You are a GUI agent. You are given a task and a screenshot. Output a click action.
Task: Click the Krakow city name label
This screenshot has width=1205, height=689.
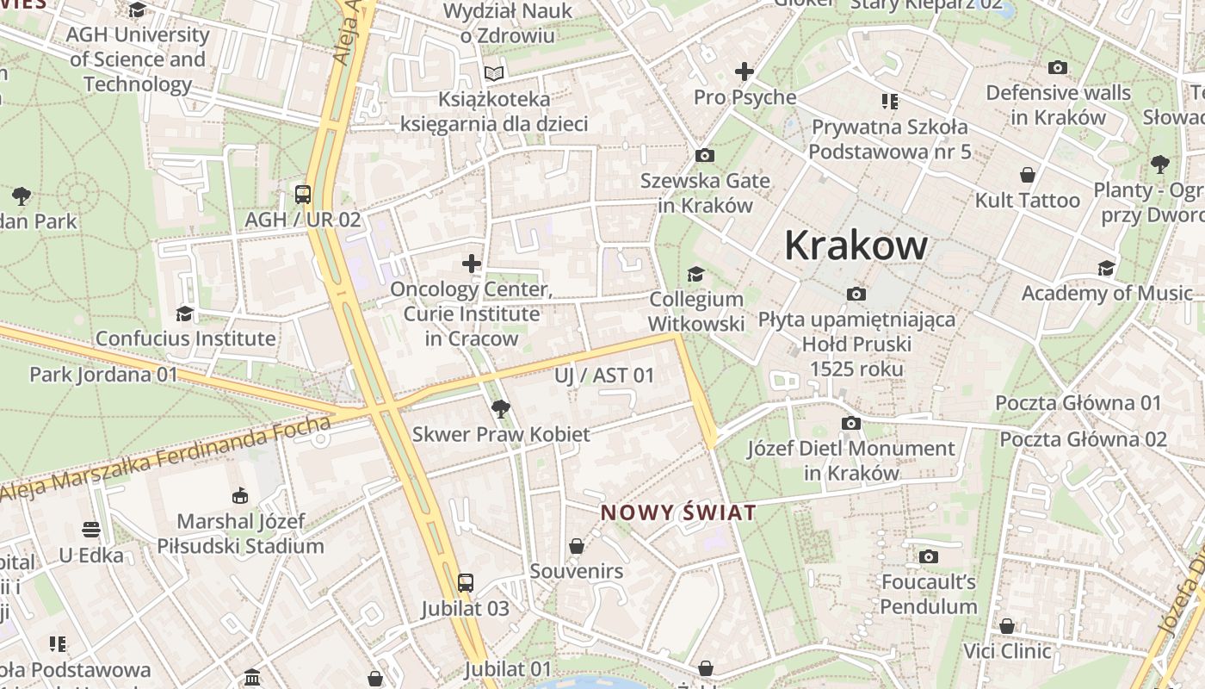tap(856, 246)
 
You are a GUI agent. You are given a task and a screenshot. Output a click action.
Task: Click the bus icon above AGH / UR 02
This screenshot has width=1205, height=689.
tap(302, 194)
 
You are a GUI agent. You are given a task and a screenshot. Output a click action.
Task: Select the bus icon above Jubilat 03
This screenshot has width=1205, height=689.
tap(465, 583)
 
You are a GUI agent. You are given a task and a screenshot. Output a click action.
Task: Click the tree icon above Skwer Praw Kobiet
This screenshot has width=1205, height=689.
tap(500, 408)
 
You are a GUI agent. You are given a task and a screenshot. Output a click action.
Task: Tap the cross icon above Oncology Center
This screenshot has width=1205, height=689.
tap(471, 263)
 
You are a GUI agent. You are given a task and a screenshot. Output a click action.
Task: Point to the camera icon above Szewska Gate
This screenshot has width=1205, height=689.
tap(704, 155)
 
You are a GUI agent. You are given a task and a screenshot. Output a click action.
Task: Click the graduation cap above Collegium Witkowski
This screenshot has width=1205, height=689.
tap(695, 274)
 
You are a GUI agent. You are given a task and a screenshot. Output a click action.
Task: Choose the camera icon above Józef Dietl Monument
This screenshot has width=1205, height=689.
tap(850, 423)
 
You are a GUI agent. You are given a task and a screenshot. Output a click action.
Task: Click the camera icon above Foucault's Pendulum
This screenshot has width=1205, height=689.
tap(928, 556)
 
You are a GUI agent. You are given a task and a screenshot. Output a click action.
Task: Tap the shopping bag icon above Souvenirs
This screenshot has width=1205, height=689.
tap(576, 546)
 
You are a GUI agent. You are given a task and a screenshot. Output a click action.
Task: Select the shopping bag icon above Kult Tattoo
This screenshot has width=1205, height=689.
tap(1027, 175)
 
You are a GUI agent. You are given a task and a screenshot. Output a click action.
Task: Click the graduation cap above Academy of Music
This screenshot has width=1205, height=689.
tap(1106, 268)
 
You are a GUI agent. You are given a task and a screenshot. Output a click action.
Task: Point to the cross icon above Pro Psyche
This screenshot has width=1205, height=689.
tap(744, 71)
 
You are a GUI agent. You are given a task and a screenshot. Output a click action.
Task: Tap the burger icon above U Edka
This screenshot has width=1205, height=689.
tap(91, 529)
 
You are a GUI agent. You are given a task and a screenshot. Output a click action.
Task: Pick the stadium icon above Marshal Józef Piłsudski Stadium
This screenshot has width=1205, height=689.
tap(240, 495)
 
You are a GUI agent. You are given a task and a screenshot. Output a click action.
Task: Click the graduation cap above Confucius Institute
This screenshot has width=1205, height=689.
tap(184, 313)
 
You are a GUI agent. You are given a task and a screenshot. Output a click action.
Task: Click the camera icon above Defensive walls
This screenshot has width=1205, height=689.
tap(1058, 67)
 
